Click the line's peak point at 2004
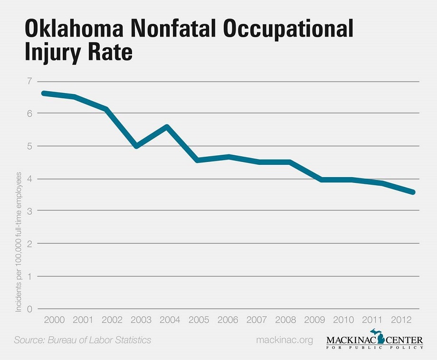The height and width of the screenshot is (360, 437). coord(166,126)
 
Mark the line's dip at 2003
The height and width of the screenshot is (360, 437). coord(137,146)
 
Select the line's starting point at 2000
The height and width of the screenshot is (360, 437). coord(44,93)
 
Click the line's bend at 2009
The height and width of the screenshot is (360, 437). coord(322,180)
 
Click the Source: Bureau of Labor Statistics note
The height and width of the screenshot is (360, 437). coord(83,340)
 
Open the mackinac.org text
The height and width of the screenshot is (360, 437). coord(285,340)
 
